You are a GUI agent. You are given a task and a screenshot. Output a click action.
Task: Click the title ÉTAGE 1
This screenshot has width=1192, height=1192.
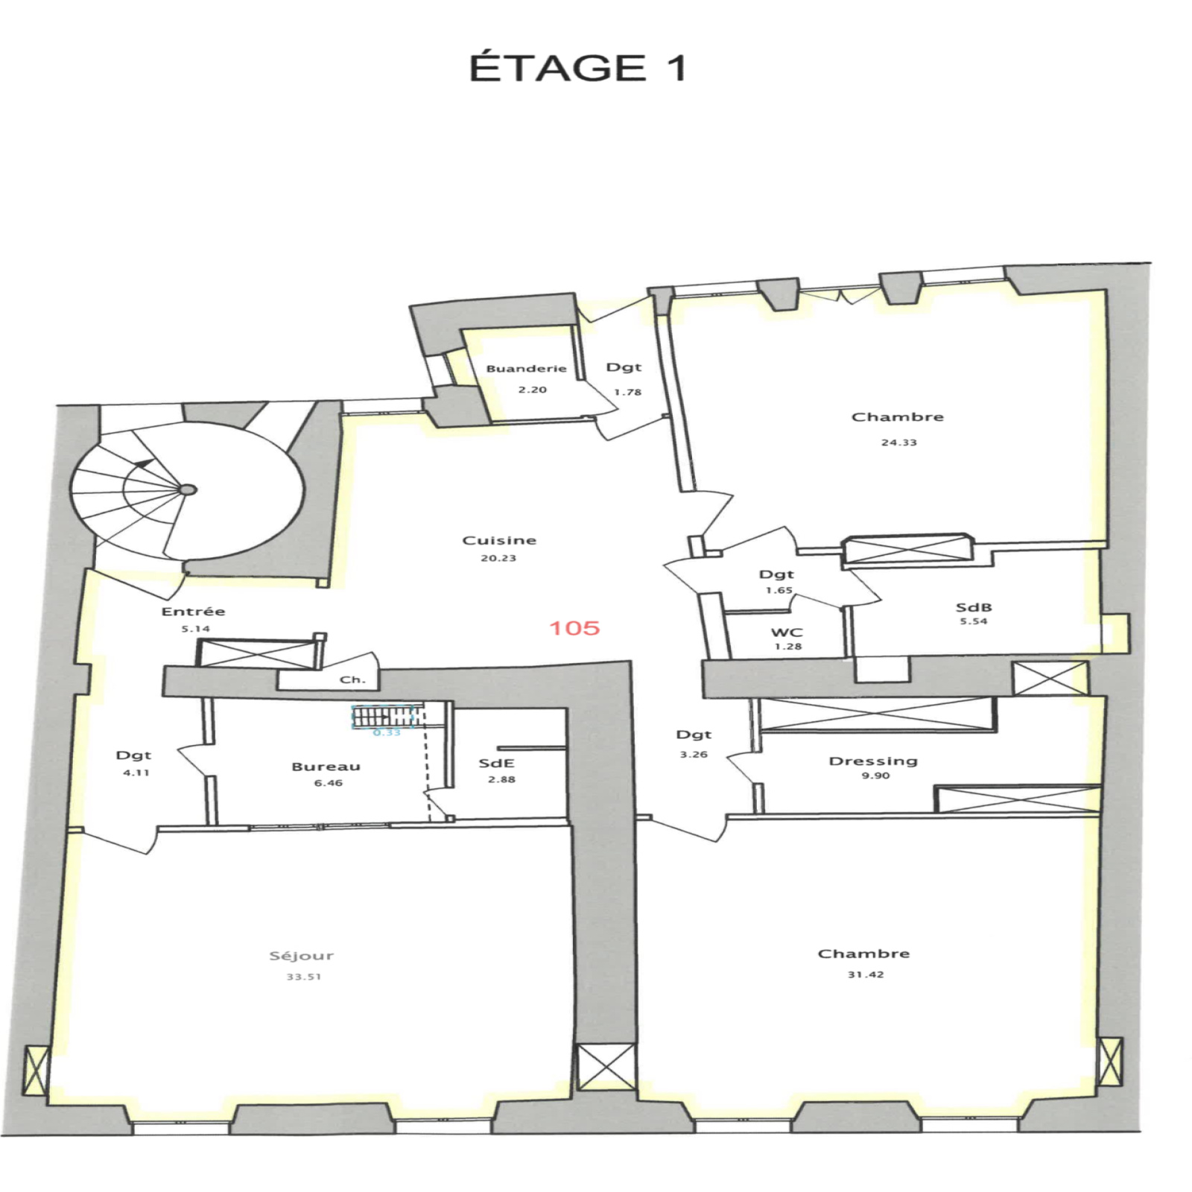[577, 68]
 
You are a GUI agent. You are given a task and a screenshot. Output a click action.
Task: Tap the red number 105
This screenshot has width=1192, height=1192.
[574, 628]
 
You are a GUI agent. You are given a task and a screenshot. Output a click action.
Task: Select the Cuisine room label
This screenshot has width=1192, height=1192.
[499, 540]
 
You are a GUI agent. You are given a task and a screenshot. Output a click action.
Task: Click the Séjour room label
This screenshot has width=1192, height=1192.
[302, 956]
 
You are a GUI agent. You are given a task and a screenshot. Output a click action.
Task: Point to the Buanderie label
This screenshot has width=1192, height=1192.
[527, 368]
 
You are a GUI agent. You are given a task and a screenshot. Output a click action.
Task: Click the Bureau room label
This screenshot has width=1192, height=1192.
[326, 767]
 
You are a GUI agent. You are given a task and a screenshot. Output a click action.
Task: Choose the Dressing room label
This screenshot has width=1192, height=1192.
[873, 761]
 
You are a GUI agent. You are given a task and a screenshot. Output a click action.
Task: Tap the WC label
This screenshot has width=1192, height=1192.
[787, 633]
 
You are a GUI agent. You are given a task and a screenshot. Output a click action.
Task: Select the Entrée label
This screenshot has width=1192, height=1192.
[194, 611]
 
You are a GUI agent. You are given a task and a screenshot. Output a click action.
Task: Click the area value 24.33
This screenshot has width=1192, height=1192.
[899, 443]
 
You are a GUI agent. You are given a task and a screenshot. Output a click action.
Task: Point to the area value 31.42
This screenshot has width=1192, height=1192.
[866, 974]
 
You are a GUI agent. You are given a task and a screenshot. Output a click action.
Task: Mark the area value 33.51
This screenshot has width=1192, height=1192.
[304, 977]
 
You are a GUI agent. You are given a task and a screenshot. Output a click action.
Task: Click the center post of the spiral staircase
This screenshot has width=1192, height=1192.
[188, 489]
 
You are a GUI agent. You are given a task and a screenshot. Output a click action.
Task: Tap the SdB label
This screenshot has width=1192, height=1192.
[974, 607]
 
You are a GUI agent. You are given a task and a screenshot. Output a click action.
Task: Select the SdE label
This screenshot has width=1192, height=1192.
[497, 764]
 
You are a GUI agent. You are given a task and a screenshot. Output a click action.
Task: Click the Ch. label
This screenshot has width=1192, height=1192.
[352, 679]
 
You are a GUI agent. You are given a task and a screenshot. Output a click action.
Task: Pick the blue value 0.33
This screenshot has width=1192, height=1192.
[387, 732]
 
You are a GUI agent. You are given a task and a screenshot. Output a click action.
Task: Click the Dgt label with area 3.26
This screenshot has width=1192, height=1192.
[694, 735]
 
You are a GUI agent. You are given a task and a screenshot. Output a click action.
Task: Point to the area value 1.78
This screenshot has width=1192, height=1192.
[628, 392]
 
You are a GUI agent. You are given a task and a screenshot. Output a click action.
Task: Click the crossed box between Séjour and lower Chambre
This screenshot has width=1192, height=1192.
[606, 1066]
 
